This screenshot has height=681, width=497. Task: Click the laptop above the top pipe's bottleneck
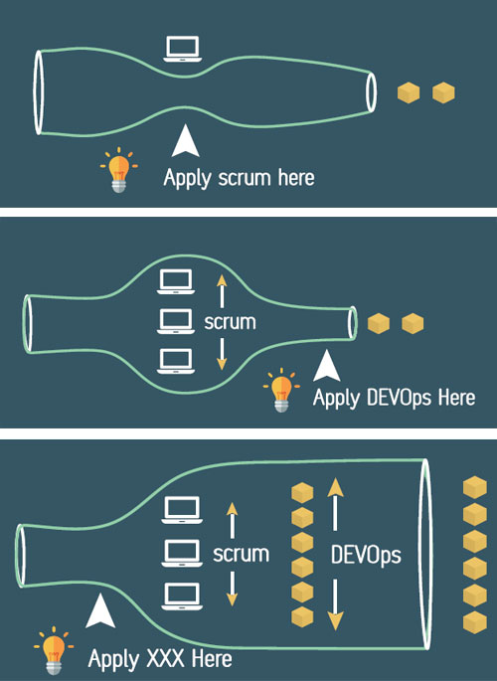click(x=182, y=49)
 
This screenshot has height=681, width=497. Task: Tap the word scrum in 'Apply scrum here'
click(x=245, y=178)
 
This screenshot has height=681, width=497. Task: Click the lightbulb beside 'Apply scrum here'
click(x=118, y=170)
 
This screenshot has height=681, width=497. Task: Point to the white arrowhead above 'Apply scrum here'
click(x=186, y=141)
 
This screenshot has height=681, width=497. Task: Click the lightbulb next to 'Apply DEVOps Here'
click(x=281, y=390)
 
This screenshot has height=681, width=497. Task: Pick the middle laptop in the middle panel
click(x=175, y=321)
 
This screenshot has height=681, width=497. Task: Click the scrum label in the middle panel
click(x=230, y=322)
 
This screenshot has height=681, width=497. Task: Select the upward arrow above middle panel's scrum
click(x=222, y=291)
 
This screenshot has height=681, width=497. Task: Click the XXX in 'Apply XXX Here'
click(x=165, y=659)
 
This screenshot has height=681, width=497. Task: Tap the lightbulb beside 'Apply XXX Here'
click(x=54, y=650)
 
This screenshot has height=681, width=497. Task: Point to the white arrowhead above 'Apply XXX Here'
click(x=100, y=611)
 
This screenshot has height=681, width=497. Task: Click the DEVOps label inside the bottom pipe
click(x=366, y=555)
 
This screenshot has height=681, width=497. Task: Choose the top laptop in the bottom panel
click(x=182, y=510)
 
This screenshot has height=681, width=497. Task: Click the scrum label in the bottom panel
click(x=241, y=554)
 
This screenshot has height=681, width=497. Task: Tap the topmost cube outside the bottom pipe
click(x=474, y=488)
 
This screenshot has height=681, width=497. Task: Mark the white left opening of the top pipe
click(x=39, y=92)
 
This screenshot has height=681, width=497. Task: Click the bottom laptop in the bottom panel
click(x=182, y=596)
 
